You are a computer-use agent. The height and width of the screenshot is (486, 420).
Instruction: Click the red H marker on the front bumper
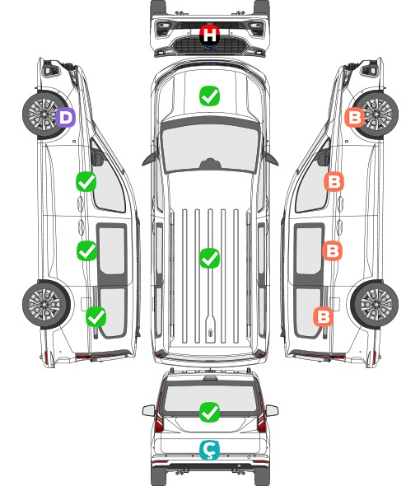(209, 35)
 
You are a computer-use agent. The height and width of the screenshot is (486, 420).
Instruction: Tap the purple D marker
(65, 117)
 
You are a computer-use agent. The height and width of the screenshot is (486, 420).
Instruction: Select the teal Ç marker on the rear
(209, 450)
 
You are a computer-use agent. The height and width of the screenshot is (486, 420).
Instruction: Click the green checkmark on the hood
(209, 96)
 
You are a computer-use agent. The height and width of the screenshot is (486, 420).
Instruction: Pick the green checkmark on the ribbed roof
(209, 258)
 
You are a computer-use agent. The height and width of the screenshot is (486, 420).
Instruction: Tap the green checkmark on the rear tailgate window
(209, 412)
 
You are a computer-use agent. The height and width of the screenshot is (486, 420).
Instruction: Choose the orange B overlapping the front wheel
(355, 117)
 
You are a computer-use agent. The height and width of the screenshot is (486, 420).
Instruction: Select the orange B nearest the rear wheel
(324, 316)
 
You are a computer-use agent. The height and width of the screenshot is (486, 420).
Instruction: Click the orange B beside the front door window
(334, 181)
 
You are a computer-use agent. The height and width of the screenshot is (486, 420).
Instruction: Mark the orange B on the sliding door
(332, 250)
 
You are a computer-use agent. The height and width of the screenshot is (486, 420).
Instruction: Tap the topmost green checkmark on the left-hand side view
(86, 181)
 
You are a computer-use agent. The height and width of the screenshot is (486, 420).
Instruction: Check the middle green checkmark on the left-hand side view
(86, 250)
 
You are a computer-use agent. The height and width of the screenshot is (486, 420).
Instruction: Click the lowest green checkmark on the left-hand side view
(96, 316)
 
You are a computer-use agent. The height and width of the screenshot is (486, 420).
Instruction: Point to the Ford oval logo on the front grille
(209, 48)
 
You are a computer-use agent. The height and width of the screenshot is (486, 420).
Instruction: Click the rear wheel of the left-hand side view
(46, 305)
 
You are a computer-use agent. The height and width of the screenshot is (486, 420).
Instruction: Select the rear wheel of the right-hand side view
(375, 305)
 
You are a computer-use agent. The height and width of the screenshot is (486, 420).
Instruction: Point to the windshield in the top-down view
(210, 147)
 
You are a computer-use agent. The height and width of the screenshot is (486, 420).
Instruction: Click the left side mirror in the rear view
(148, 410)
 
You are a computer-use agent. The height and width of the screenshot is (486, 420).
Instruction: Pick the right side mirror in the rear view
(272, 410)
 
